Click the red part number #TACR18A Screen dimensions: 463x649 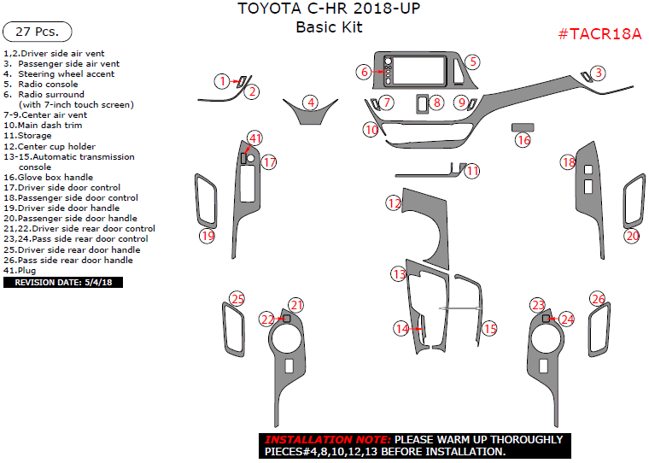(599, 33)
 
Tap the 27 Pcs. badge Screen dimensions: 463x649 (38, 32)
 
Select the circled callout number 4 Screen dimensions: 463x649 (312, 103)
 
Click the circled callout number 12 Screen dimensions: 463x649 (394, 203)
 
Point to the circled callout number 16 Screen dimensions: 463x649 (523, 140)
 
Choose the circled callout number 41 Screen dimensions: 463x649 (255, 138)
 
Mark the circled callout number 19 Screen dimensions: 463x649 (207, 236)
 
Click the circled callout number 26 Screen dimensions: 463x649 (598, 299)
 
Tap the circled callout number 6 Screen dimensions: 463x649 (364, 73)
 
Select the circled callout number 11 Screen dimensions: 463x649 (472, 171)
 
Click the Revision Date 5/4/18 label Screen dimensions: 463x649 (63, 282)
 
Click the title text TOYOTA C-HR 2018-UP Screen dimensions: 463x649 (328, 9)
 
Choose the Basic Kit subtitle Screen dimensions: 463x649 (329, 27)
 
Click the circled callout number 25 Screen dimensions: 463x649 (237, 299)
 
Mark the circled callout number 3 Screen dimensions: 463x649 (599, 73)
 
